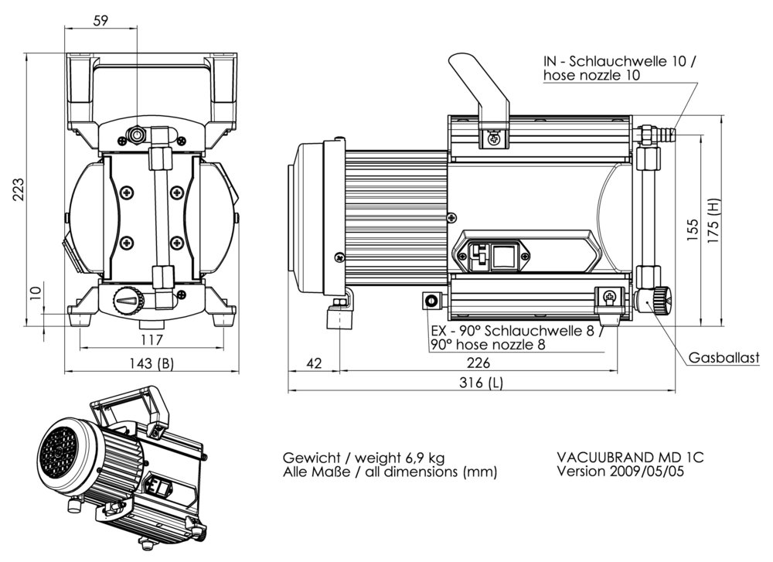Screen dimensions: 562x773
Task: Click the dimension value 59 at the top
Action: (100, 21)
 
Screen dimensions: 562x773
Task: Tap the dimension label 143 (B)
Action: (152, 363)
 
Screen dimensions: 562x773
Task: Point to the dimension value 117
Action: (152, 339)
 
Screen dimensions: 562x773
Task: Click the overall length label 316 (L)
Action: (480, 383)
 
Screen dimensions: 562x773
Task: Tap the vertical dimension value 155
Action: (693, 230)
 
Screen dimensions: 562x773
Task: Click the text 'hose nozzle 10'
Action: (591, 76)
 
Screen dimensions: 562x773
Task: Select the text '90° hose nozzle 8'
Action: (488, 345)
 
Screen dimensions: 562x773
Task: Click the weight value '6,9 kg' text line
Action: (363, 457)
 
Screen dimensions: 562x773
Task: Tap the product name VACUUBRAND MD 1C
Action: (630, 457)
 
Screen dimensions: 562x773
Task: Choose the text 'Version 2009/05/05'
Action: (620, 471)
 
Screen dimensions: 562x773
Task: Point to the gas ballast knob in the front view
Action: (128, 300)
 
